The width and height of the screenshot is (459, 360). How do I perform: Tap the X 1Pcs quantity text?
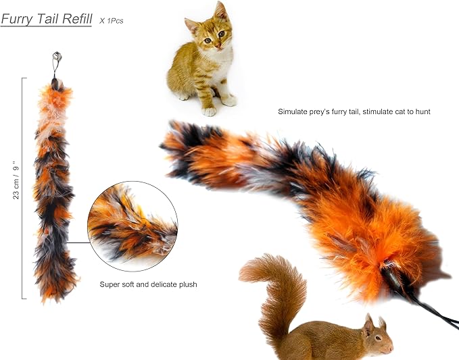111,21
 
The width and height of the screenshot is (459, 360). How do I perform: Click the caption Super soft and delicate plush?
148,284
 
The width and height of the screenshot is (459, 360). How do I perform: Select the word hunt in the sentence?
422,111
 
